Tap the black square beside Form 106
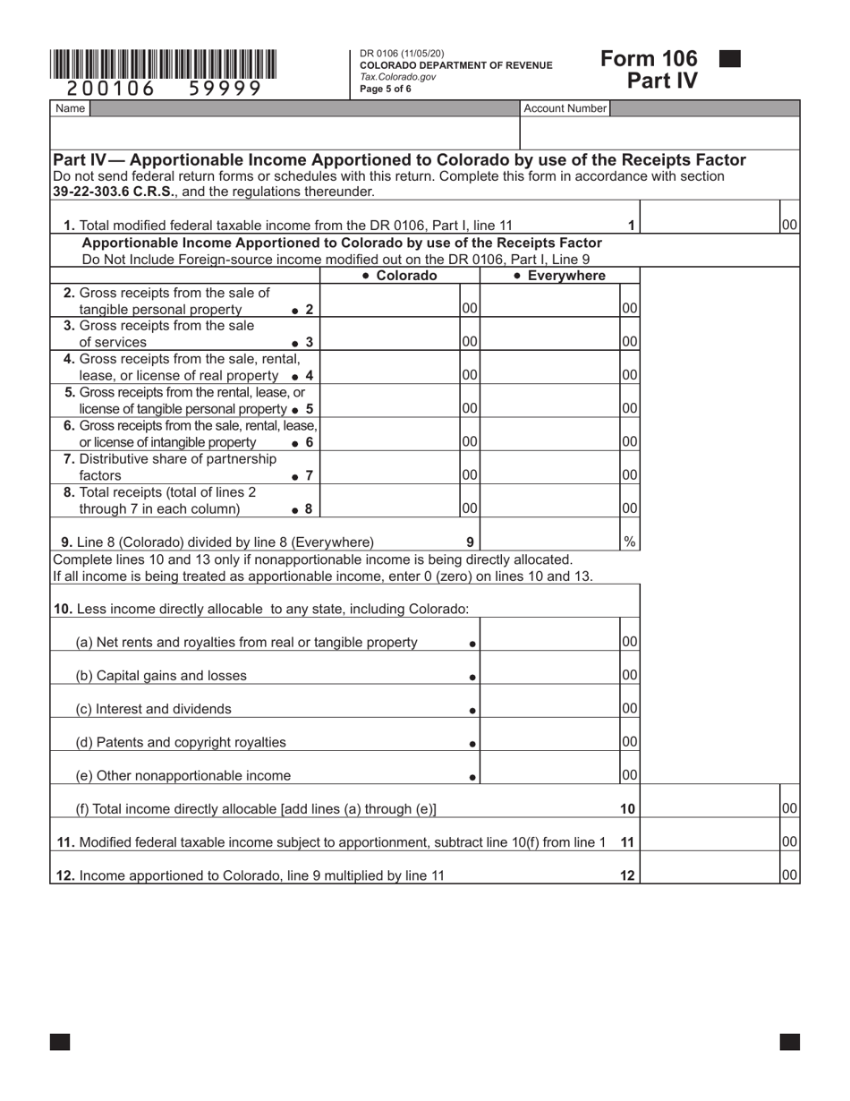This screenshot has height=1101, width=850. (x=730, y=59)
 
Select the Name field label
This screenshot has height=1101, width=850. (x=70, y=108)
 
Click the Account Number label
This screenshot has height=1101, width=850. (x=565, y=108)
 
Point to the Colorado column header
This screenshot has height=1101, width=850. (x=400, y=276)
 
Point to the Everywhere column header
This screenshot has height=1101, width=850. (x=559, y=276)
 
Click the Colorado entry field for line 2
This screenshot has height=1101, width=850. (x=390, y=308)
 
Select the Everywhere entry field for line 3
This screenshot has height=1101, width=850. (x=550, y=341)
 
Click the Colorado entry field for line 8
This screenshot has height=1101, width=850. (x=390, y=508)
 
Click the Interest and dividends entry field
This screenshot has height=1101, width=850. (x=550, y=708)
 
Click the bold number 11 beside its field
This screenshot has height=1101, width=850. (x=627, y=842)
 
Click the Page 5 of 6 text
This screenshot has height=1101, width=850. (x=386, y=89)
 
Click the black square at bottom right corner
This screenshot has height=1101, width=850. (x=789, y=1041)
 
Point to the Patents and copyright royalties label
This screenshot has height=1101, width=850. (x=181, y=742)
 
